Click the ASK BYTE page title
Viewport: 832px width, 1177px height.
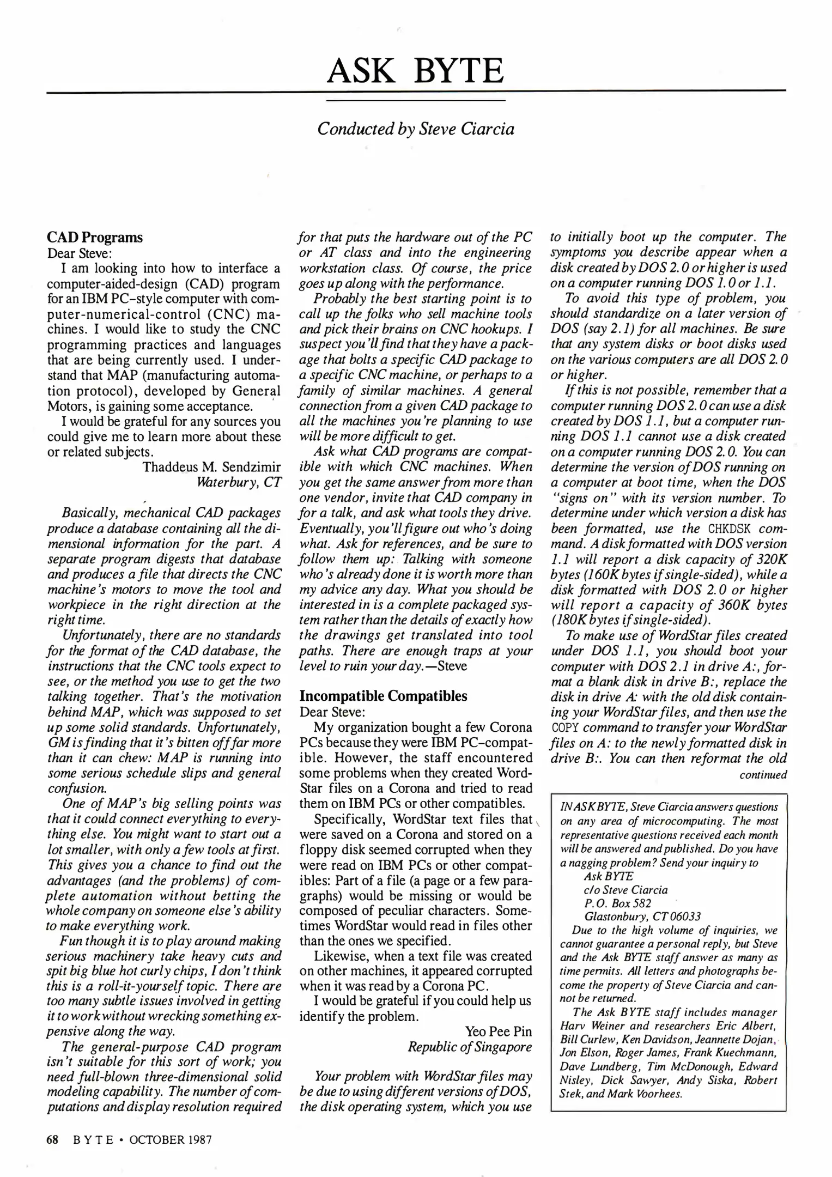[415, 71]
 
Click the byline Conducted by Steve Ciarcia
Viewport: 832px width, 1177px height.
[415, 129]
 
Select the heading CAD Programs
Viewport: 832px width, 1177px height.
[95, 238]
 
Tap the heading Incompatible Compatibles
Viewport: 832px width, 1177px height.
[384, 696]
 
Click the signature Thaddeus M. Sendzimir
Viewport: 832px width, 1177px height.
[211, 466]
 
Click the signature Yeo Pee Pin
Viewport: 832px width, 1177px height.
[498, 1032]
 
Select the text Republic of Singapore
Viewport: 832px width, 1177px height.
[470, 1047]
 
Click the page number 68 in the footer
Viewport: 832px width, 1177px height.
[52, 1139]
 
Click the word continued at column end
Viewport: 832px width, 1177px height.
[763, 774]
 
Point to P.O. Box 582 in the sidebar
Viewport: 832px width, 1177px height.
[617, 903]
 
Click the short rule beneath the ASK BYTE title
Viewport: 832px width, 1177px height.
[415, 100]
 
